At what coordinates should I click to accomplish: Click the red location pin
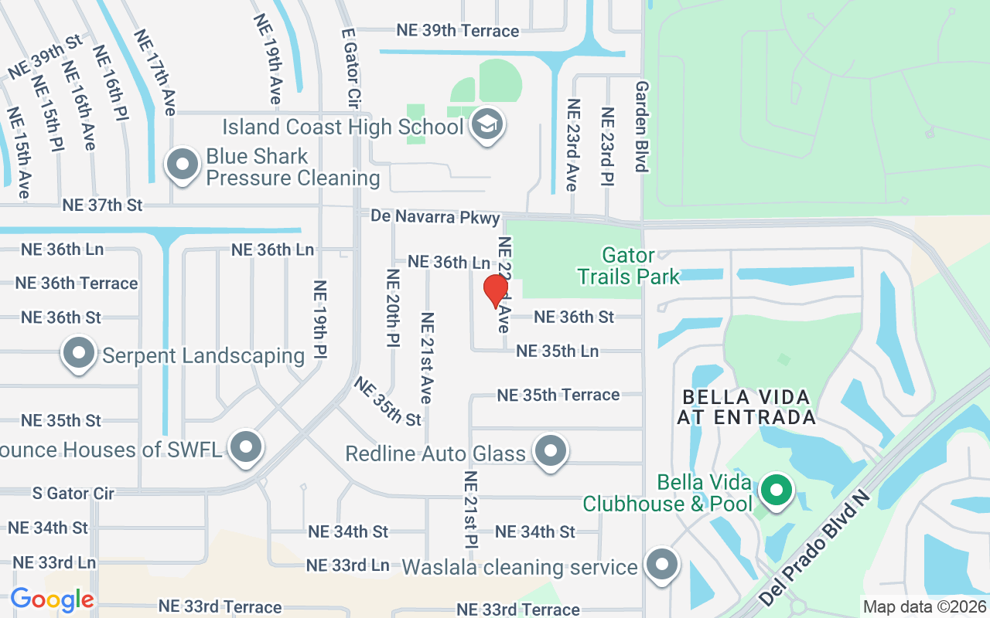coord(495,291)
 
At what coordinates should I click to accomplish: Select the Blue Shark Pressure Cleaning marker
coord(183,165)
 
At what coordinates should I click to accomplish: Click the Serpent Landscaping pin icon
coord(79,353)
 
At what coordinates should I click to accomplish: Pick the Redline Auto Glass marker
coord(551,450)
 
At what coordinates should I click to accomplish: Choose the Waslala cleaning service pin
coord(662,564)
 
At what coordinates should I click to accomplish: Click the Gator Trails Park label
coord(629,265)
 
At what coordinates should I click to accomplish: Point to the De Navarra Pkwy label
coord(435,217)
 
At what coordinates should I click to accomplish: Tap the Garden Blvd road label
coord(641,127)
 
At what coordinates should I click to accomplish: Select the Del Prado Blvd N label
coord(814,547)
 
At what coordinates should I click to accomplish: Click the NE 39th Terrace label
coord(458,31)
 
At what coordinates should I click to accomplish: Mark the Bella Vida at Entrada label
coord(746,407)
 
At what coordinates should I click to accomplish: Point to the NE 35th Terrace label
coord(558,395)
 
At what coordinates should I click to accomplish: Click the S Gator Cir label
coord(73,493)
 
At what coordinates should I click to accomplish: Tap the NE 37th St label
coord(103,205)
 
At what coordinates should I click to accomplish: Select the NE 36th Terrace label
coord(77,284)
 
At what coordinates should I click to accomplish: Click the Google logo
coord(52,599)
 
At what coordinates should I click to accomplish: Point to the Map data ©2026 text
coord(924,607)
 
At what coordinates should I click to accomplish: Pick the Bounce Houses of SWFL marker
coord(247,446)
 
